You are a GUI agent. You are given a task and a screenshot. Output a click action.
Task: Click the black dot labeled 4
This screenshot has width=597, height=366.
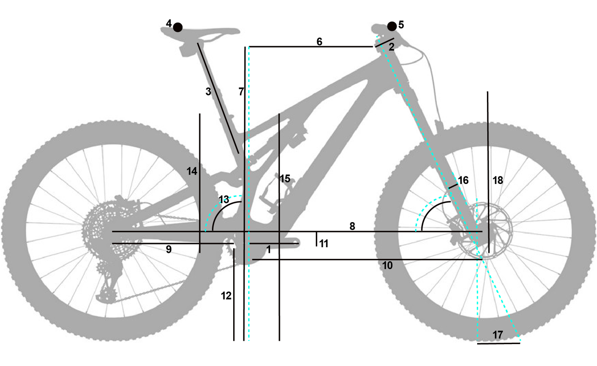(178, 27)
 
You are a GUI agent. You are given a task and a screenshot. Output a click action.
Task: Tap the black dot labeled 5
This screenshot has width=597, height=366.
(392, 26)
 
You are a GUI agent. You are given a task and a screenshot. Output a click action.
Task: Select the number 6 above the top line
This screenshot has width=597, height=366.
(319, 41)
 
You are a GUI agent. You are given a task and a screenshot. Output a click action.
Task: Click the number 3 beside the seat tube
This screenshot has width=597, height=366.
(208, 92)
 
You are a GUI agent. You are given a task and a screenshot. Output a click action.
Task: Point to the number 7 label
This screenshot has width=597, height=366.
(241, 92)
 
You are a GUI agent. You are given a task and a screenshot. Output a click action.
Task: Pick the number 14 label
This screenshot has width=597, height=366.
(192, 171)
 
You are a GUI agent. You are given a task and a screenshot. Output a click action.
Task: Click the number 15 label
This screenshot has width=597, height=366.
(285, 178)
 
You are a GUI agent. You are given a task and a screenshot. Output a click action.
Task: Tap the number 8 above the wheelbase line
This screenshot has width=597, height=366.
(353, 226)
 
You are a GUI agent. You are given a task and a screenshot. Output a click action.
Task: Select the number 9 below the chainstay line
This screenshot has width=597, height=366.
(169, 250)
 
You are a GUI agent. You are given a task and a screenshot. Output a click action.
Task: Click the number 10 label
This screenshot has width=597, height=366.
(388, 265)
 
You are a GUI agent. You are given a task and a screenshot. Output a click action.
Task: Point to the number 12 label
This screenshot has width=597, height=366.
(226, 296)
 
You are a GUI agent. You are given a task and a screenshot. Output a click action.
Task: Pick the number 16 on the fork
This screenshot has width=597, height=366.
(463, 180)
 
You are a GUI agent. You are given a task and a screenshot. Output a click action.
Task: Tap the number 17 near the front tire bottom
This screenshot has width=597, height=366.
(498, 334)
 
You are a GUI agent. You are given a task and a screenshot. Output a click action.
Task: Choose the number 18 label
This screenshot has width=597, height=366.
(498, 180)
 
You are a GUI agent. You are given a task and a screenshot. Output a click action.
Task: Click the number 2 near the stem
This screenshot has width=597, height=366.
(391, 47)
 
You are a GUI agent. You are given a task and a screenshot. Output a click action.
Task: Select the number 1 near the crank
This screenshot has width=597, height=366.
(268, 249)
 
